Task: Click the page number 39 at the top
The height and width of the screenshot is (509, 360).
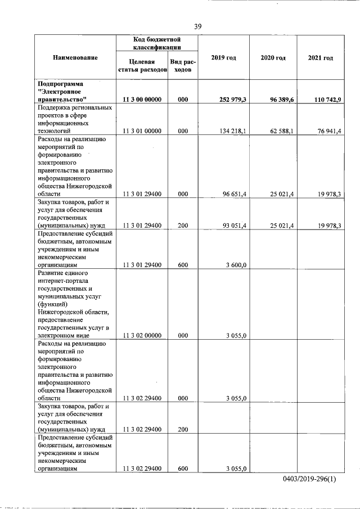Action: coord(197,26)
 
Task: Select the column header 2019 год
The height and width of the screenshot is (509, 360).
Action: coord(223,58)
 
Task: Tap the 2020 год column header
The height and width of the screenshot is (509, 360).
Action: coord(273,58)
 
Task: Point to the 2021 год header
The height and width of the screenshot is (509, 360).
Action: coord(321,58)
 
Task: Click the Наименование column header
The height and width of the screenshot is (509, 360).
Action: coord(75,58)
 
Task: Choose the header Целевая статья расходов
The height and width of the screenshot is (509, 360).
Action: coord(142,66)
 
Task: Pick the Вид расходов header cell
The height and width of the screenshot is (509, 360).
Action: coord(183,66)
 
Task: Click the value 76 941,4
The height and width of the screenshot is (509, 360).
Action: coord(325,131)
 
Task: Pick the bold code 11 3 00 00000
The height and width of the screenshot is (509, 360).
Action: coord(142,99)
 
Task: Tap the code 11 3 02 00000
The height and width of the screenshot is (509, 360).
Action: coord(142,336)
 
